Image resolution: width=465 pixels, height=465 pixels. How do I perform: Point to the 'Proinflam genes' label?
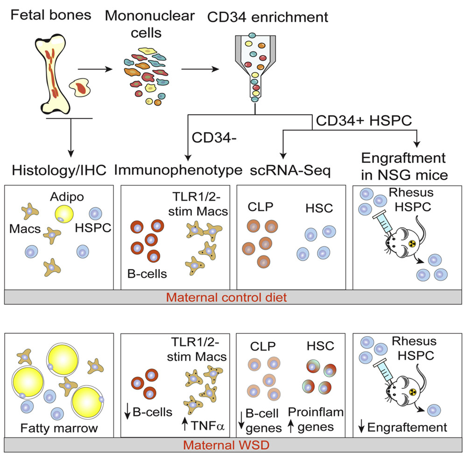coord(316,420)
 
